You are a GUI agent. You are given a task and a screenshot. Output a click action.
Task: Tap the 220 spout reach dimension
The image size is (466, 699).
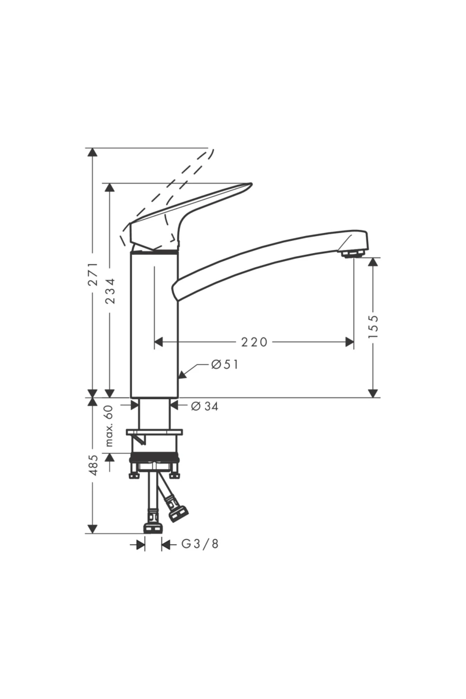tap(254, 342)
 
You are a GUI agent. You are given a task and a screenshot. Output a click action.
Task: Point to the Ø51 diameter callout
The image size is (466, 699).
tap(225, 365)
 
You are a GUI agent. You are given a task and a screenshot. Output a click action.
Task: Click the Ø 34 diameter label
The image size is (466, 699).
tap(205, 406)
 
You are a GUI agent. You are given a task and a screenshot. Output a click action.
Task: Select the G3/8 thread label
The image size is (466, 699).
tap(200, 544)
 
